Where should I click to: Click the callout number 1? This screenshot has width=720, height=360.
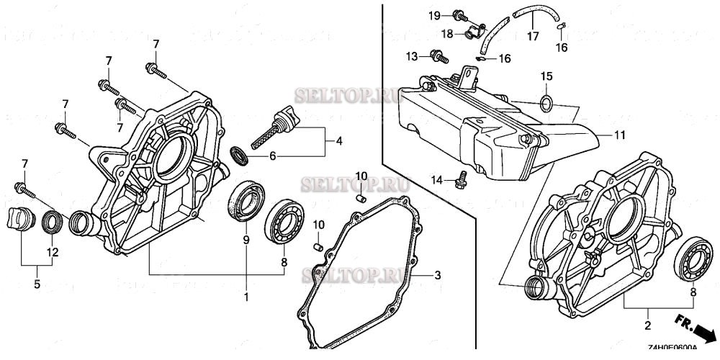(246, 297)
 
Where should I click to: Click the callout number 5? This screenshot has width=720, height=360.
(37, 284)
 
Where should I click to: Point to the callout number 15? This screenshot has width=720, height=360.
(546, 76)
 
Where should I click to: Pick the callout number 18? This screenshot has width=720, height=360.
(447, 33)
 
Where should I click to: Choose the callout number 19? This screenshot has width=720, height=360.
(434, 15)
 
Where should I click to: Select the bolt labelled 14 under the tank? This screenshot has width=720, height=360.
(460, 179)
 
